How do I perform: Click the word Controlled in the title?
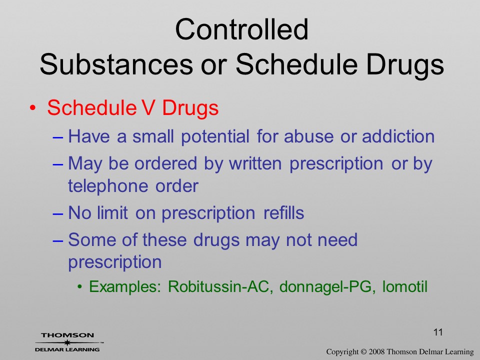(241, 29)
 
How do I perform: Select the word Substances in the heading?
(116, 64)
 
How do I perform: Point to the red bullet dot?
(33, 108)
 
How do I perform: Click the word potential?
(215, 137)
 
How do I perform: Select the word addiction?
(398, 136)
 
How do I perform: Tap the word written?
(255, 163)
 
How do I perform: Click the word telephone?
(108, 186)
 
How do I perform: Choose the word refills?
(284, 212)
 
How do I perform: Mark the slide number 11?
(438, 332)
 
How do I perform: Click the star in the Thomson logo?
(67, 342)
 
